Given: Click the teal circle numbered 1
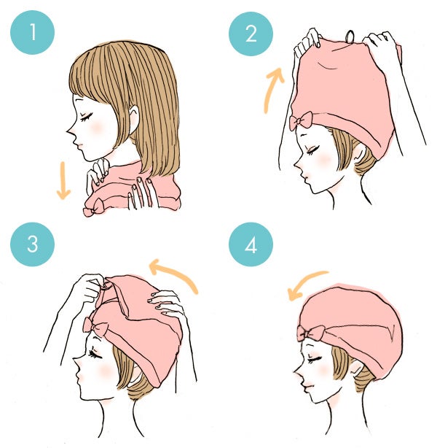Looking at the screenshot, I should [32, 34].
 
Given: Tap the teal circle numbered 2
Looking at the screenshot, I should [251, 34].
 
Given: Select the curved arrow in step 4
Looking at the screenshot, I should [306, 283].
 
